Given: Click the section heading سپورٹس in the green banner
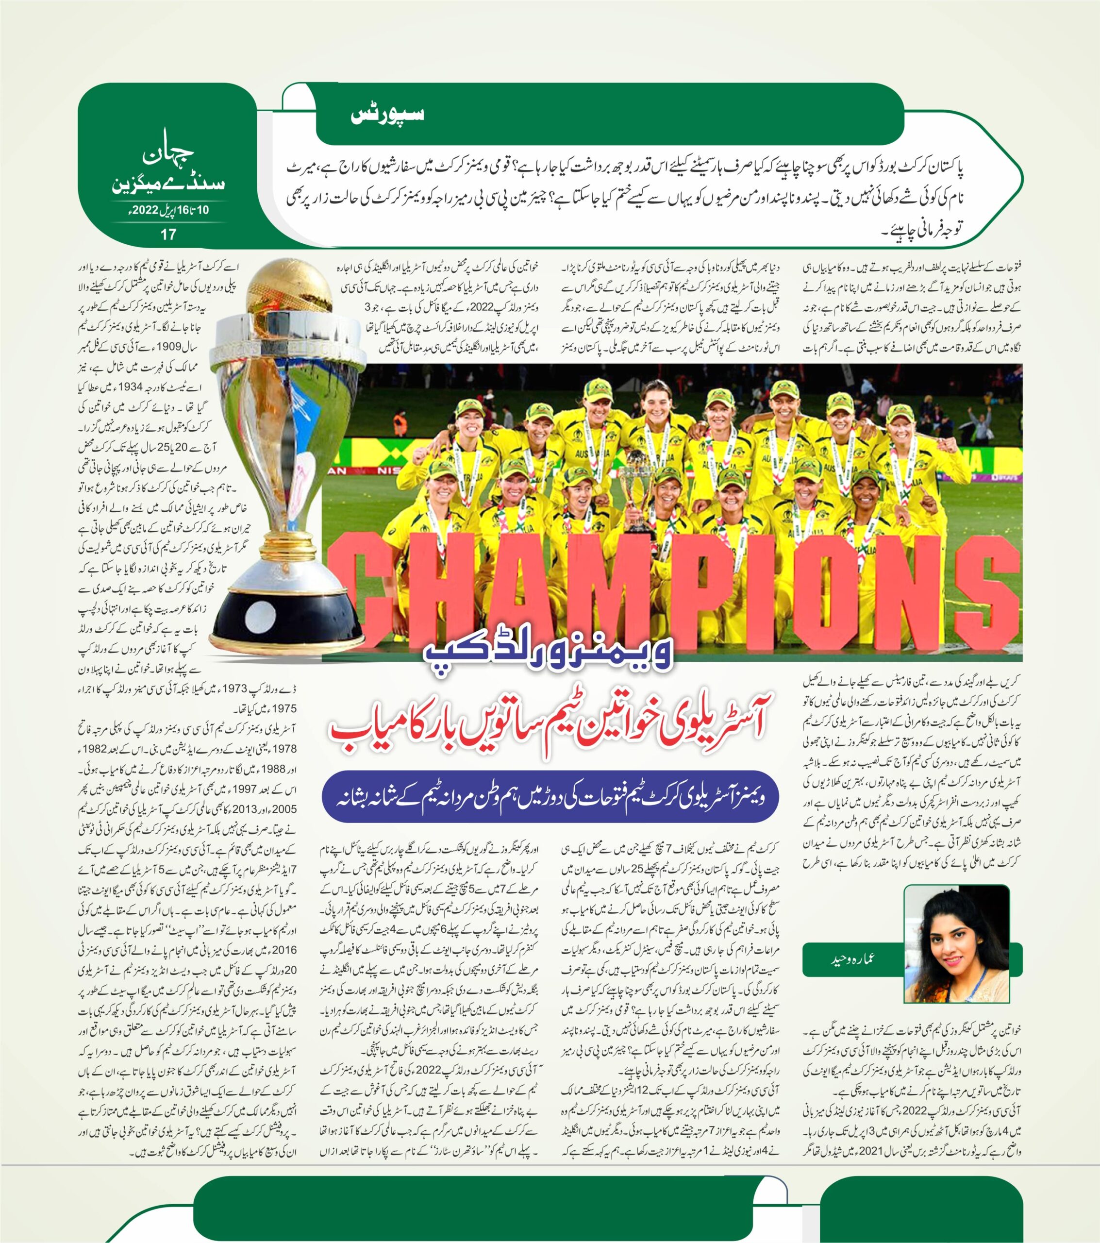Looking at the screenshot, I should click(x=387, y=115).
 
